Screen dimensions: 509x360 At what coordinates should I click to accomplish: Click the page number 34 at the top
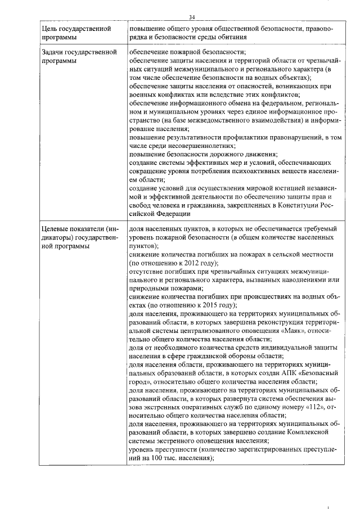click(192, 17)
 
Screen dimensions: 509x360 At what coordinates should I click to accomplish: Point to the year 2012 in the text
click(193, 263)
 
